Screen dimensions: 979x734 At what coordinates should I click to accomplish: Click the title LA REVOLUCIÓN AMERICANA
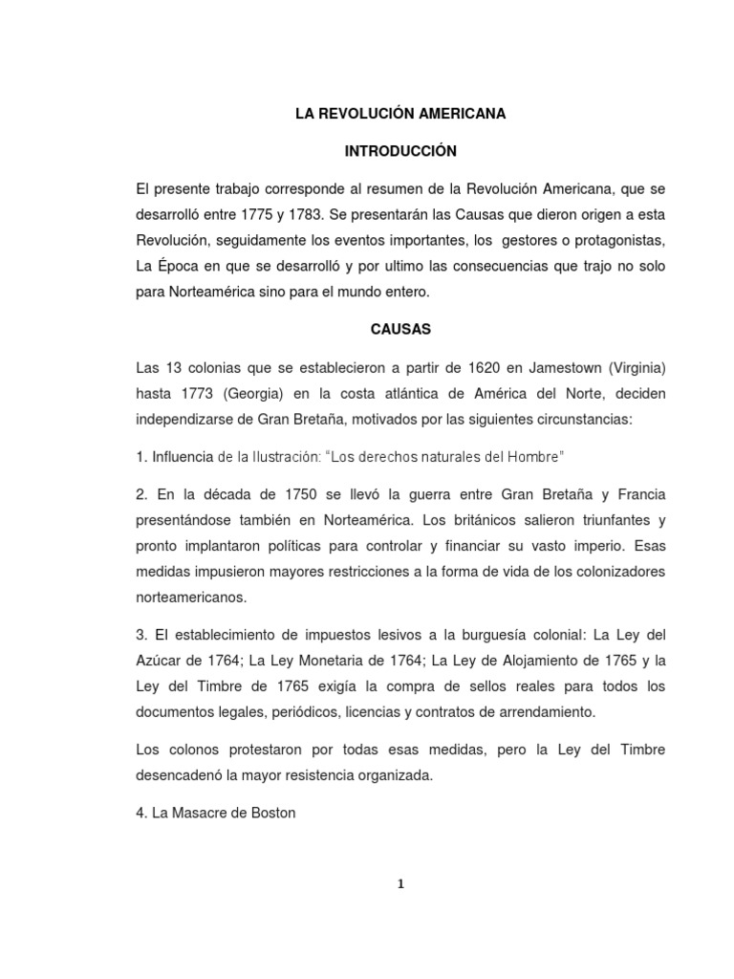[x=399, y=114]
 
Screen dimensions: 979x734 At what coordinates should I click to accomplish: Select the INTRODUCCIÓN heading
[x=400, y=151]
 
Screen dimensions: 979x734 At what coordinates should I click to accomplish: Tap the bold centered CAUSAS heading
[x=400, y=330]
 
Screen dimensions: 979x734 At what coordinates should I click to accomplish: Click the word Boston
[x=272, y=814]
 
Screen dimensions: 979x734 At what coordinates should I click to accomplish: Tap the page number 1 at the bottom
[x=401, y=884]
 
